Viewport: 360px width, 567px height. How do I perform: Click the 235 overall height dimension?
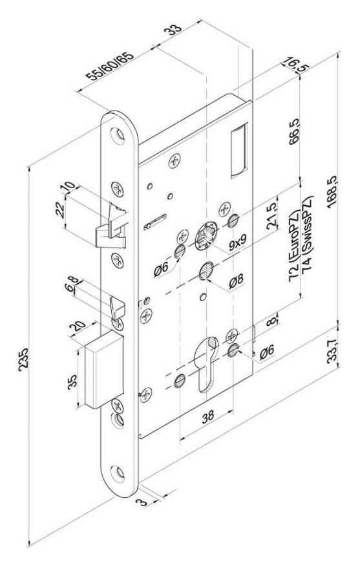click(23, 359)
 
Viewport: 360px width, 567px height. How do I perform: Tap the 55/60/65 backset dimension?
click(109, 66)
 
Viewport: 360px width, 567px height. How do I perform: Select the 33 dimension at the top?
click(173, 30)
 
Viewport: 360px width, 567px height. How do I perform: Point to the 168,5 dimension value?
click(332, 191)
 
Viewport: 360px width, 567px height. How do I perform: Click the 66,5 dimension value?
click(295, 131)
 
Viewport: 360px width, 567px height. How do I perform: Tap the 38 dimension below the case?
click(207, 417)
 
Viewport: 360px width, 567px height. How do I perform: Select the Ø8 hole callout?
click(237, 281)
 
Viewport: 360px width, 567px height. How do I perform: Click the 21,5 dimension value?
click(271, 216)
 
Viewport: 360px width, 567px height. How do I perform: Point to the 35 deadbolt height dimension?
click(72, 381)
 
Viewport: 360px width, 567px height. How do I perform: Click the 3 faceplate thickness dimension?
click(142, 502)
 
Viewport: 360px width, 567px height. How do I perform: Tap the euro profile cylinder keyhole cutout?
click(206, 364)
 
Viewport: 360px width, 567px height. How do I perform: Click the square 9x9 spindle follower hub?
click(206, 236)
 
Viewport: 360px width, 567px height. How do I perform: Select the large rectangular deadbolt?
click(104, 369)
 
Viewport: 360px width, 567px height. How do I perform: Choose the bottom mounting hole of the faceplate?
click(118, 474)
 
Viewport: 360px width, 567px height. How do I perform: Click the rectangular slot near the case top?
click(239, 151)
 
